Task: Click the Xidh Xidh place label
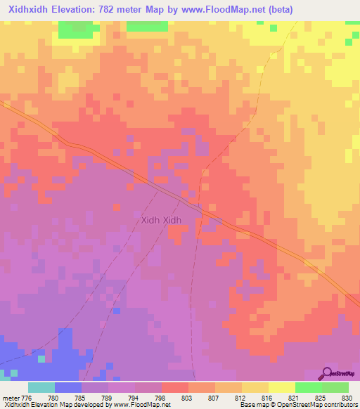(162, 220)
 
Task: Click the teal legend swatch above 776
(41, 387)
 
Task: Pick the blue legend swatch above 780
(68, 387)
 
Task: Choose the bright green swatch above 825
(308, 387)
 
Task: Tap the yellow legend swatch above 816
(255, 387)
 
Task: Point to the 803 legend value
(174, 397)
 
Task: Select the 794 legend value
(121, 397)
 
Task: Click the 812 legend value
(228, 397)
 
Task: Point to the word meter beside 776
(11, 397)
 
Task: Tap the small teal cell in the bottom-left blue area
(41, 358)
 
